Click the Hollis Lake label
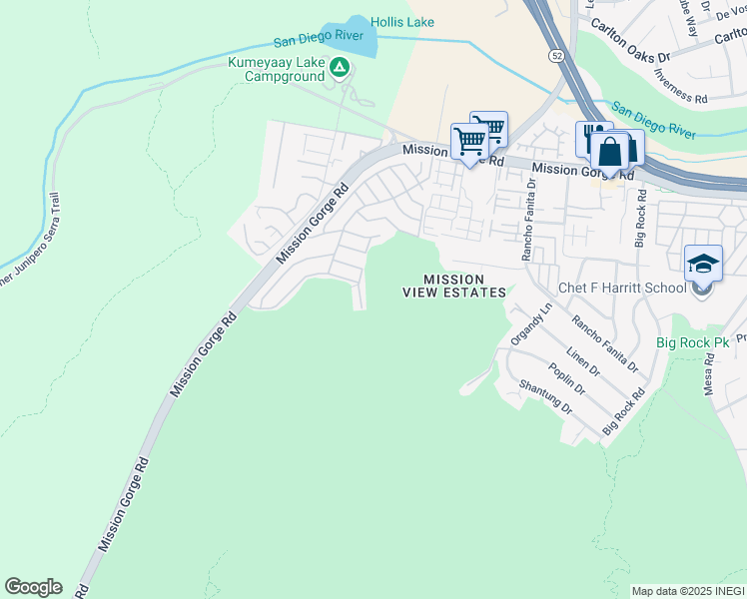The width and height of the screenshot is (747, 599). (x=402, y=21)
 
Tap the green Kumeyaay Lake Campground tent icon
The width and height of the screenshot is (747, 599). (x=340, y=68)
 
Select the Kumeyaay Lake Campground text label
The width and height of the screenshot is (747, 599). (x=277, y=68)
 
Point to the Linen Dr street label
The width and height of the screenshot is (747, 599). (x=581, y=362)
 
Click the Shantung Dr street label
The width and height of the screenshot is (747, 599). (x=545, y=396)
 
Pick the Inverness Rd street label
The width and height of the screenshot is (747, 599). (x=680, y=87)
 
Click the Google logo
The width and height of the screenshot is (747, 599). (x=33, y=587)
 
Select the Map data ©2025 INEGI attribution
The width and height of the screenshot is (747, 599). (x=688, y=591)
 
